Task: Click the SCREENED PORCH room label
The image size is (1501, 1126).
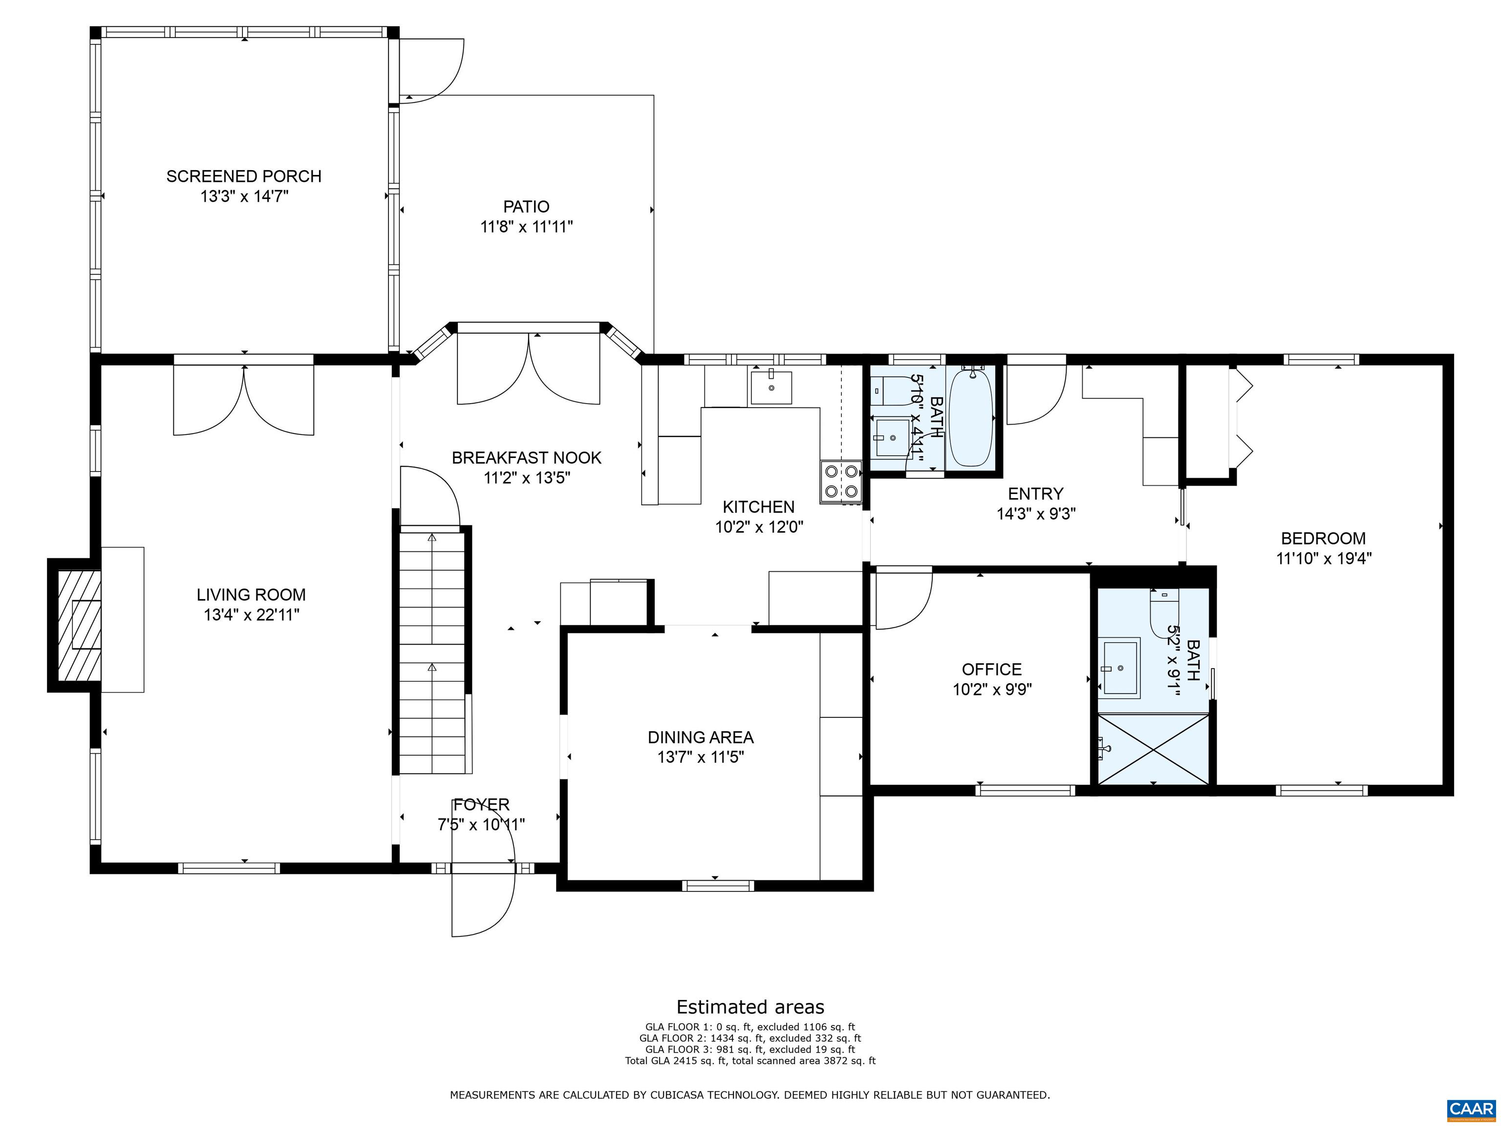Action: pyautogui.click(x=244, y=176)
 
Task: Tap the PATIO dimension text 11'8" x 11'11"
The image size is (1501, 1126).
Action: pyautogui.click(x=527, y=227)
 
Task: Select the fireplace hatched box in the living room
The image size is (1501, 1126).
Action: pyautogui.click(x=79, y=625)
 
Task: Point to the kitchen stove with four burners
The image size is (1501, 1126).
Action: pyautogui.click(x=841, y=482)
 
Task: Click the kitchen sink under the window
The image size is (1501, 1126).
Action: pyautogui.click(x=771, y=388)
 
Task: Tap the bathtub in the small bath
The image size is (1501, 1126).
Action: pyautogui.click(x=970, y=418)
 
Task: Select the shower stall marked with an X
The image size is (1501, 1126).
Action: pyautogui.click(x=1154, y=749)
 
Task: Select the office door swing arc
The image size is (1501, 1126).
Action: pyautogui.click(x=904, y=600)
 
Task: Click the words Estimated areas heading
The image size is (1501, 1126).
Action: pyautogui.click(x=750, y=1007)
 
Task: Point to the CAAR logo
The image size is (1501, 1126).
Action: pyautogui.click(x=1471, y=1108)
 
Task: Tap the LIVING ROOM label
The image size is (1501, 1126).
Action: pyautogui.click(x=251, y=595)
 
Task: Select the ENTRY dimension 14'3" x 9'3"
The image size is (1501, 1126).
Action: pyautogui.click(x=1036, y=514)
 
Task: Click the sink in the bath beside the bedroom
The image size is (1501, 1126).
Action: pyautogui.click(x=1120, y=667)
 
